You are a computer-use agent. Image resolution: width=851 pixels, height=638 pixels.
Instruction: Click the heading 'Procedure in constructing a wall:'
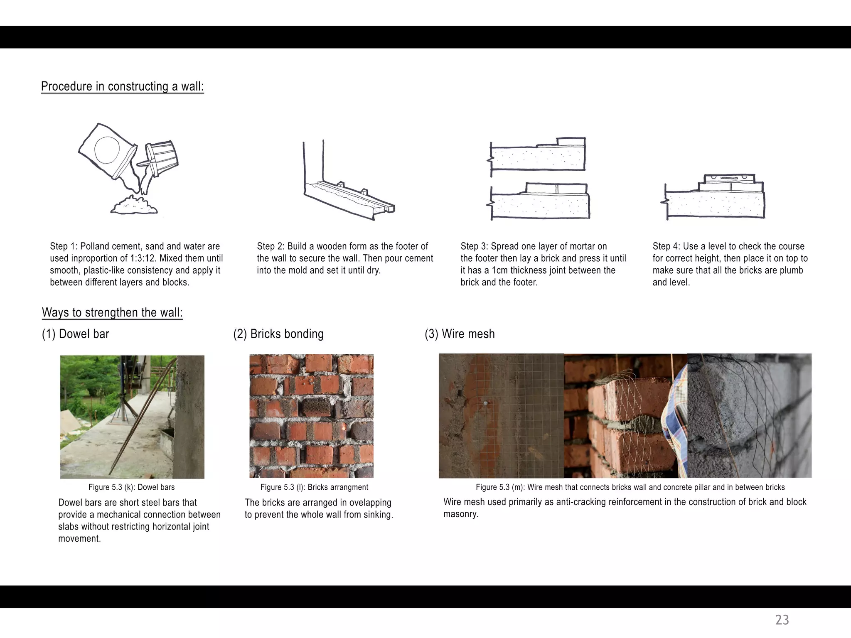123,86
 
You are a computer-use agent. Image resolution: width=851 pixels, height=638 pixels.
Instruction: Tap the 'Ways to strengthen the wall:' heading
112,312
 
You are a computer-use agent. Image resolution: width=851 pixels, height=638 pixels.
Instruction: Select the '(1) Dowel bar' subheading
76,334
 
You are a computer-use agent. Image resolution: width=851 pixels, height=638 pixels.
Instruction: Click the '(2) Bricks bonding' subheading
278,334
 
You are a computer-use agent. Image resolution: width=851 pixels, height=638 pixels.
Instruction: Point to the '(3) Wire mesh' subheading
460,334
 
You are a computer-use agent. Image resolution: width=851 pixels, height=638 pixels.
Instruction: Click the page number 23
782,620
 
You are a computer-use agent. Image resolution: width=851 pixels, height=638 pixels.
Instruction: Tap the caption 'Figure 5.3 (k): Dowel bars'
131,487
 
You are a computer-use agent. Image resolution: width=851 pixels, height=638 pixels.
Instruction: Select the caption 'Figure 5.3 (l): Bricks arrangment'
314,487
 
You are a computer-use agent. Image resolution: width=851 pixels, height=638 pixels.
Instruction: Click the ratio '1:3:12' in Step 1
142,258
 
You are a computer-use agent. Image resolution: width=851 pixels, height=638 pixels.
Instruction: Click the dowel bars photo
132,417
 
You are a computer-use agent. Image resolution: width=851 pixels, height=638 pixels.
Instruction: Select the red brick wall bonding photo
311,416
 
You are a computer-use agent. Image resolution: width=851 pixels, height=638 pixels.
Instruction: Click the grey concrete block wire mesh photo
749,415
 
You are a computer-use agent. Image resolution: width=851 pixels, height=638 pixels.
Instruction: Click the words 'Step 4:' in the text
666,246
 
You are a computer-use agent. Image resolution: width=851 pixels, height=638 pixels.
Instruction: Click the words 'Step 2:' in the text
271,246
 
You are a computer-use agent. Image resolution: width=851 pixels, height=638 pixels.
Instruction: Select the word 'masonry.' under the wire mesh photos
461,514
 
